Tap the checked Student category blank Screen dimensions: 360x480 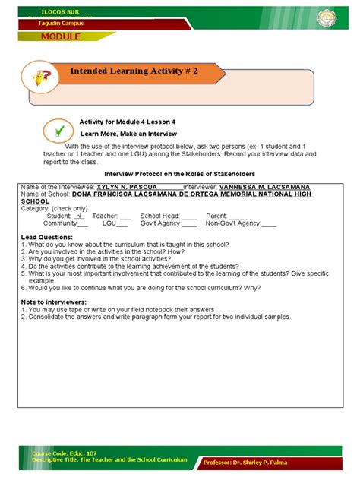pyautogui.click(x=80, y=216)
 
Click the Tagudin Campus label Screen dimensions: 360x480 pyautogui.click(x=61, y=24)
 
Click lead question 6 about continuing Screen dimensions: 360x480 pyautogui.click(x=140, y=288)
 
